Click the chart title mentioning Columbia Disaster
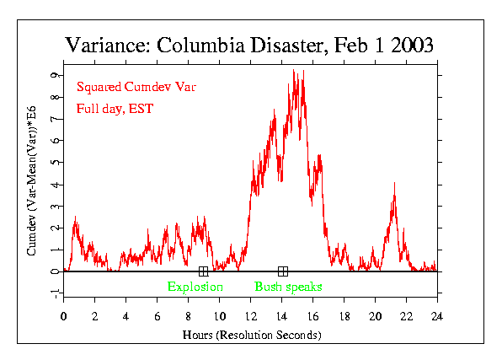point(250,45)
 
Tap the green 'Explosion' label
point(195,287)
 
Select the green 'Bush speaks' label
point(288,287)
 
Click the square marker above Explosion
point(203,271)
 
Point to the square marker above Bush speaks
point(282,271)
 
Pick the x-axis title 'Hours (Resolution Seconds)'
point(250,334)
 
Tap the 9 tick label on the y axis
point(54,75)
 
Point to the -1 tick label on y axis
point(52,293)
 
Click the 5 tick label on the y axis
point(54,163)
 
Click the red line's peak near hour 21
point(393,195)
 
